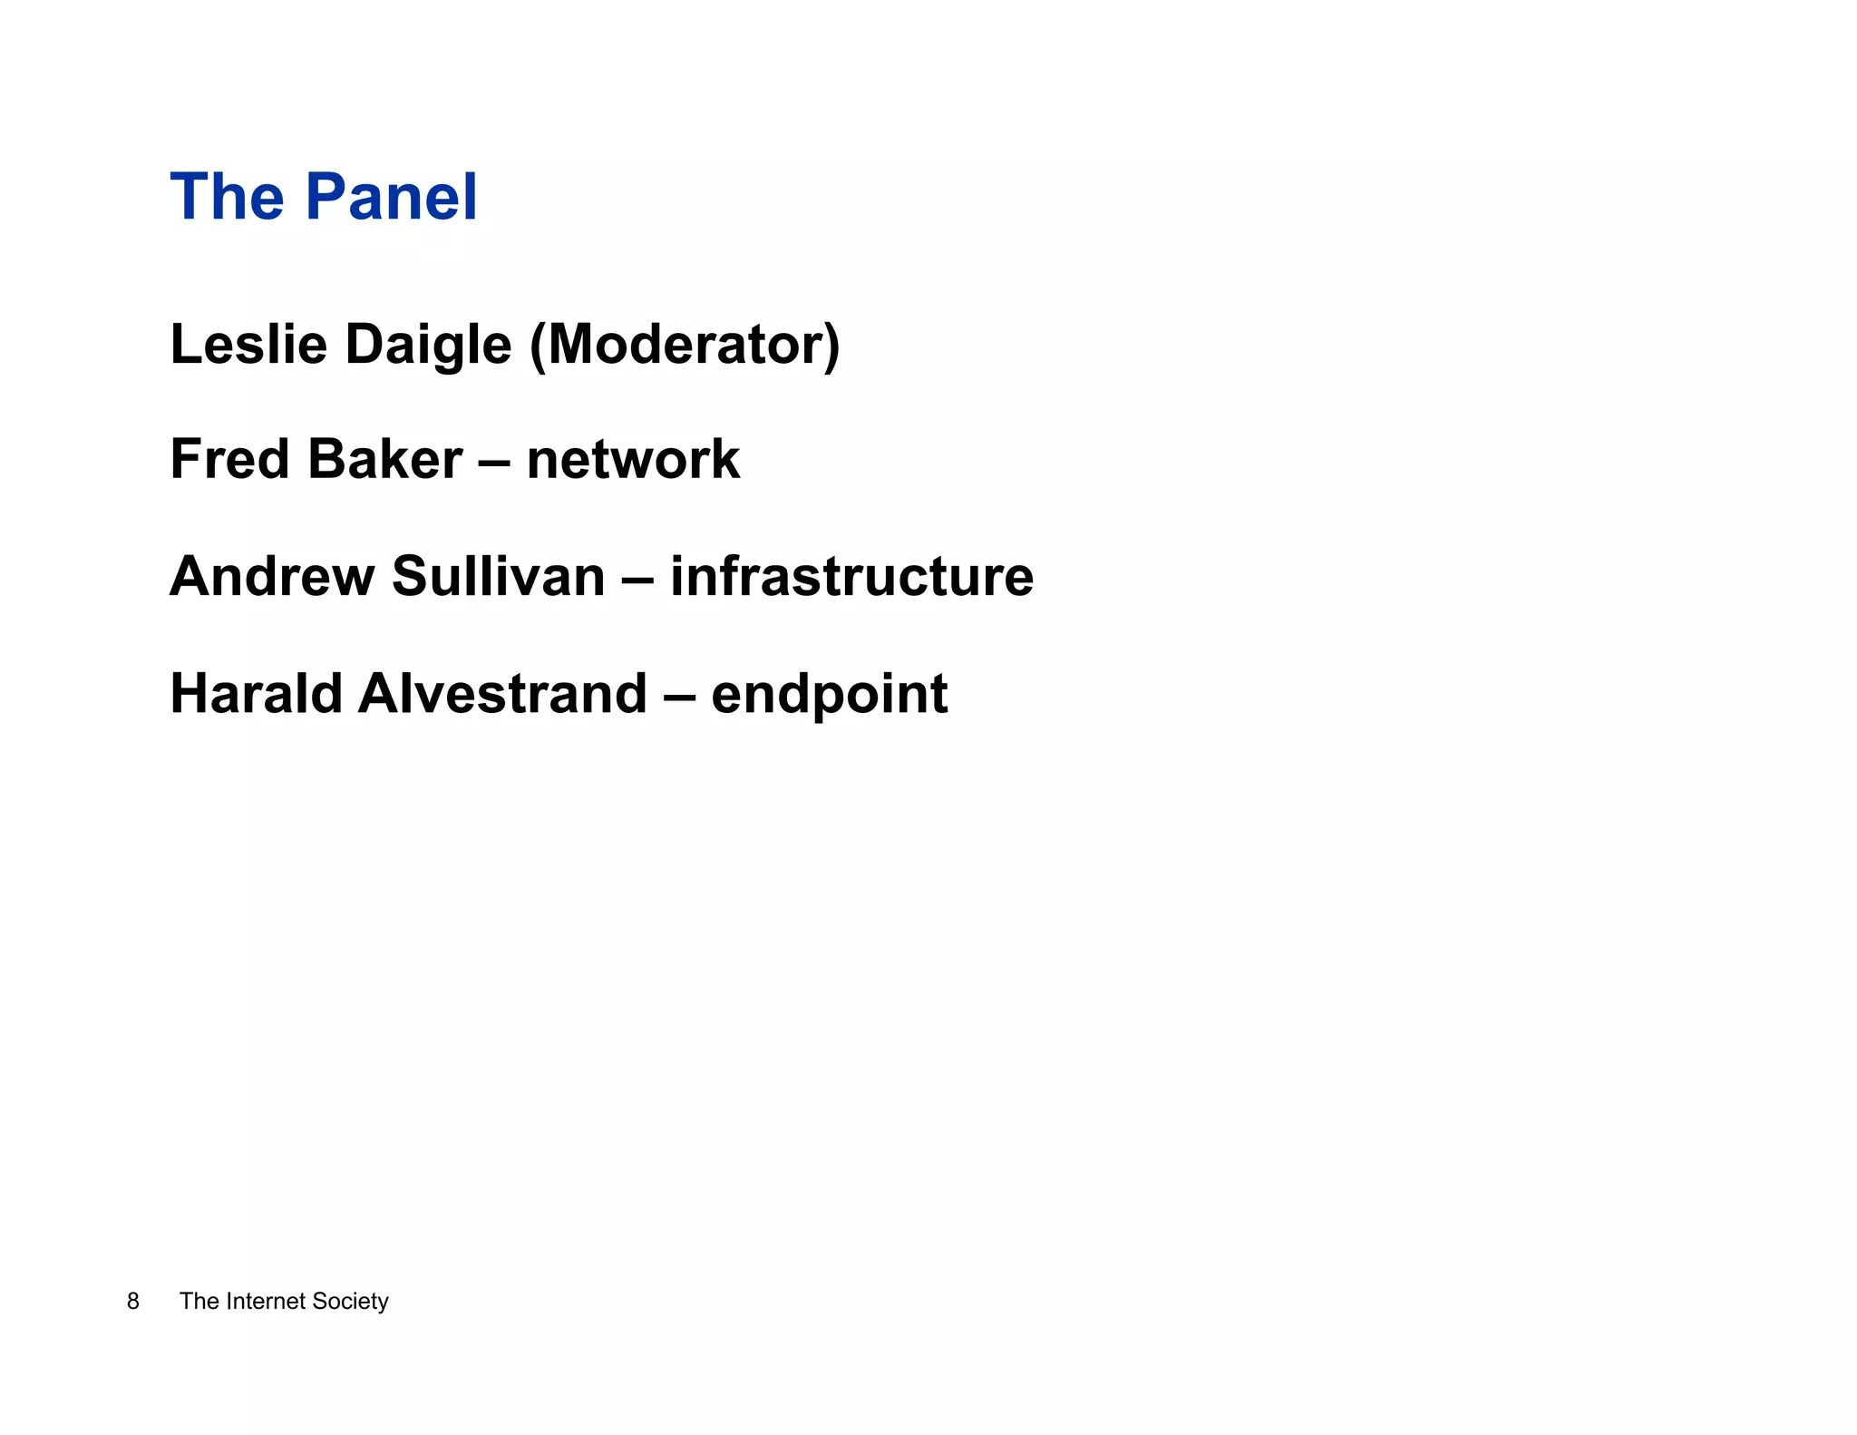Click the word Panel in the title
point(390,197)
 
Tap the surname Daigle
point(429,347)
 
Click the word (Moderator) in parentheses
point(685,346)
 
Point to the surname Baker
point(385,459)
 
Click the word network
point(633,459)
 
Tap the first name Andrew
point(271,576)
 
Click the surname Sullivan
point(498,576)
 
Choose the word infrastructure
point(851,576)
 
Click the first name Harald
point(256,694)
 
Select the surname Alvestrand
point(502,694)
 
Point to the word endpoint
point(829,696)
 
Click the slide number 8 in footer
point(133,1301)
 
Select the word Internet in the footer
point(266,1301)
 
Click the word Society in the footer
point(350,1302)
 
